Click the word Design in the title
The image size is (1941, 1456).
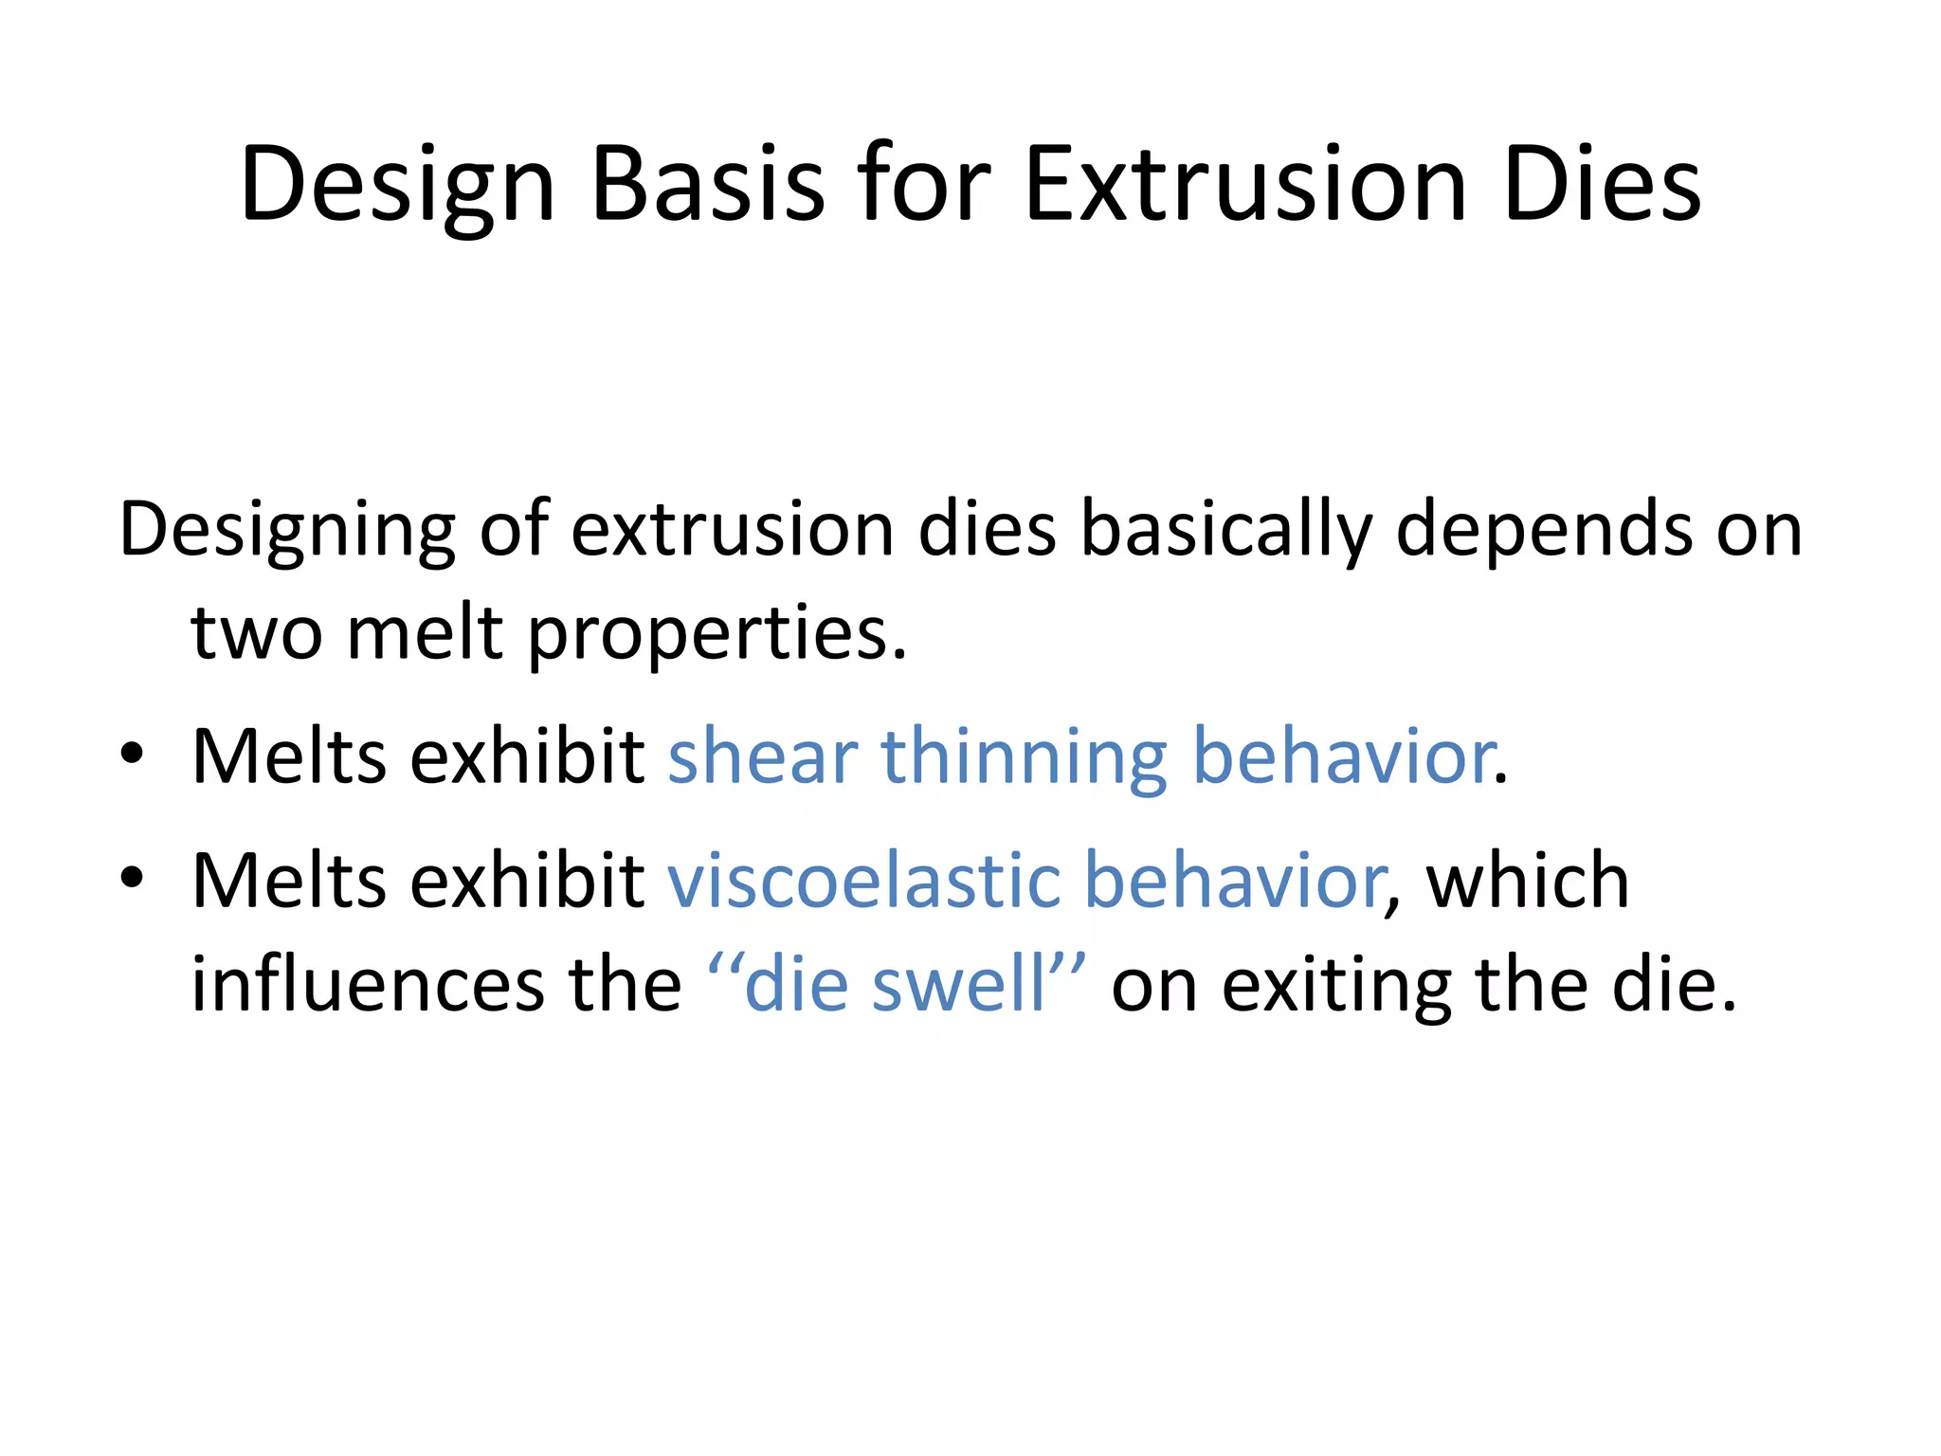click(x=397, y=186)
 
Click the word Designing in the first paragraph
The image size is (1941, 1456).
click(x=287, y=531)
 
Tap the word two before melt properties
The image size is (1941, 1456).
click(x=257, y=632)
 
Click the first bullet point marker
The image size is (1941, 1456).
click(x=132, y=754)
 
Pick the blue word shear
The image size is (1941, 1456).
click(x=763, y=757)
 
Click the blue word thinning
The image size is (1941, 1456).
click(x=1024, y=757)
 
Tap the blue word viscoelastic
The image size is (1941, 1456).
click(x=864, y=881)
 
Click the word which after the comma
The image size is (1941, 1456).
click(x=1528, y=881)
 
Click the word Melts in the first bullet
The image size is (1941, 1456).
click(x=289, y=757)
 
